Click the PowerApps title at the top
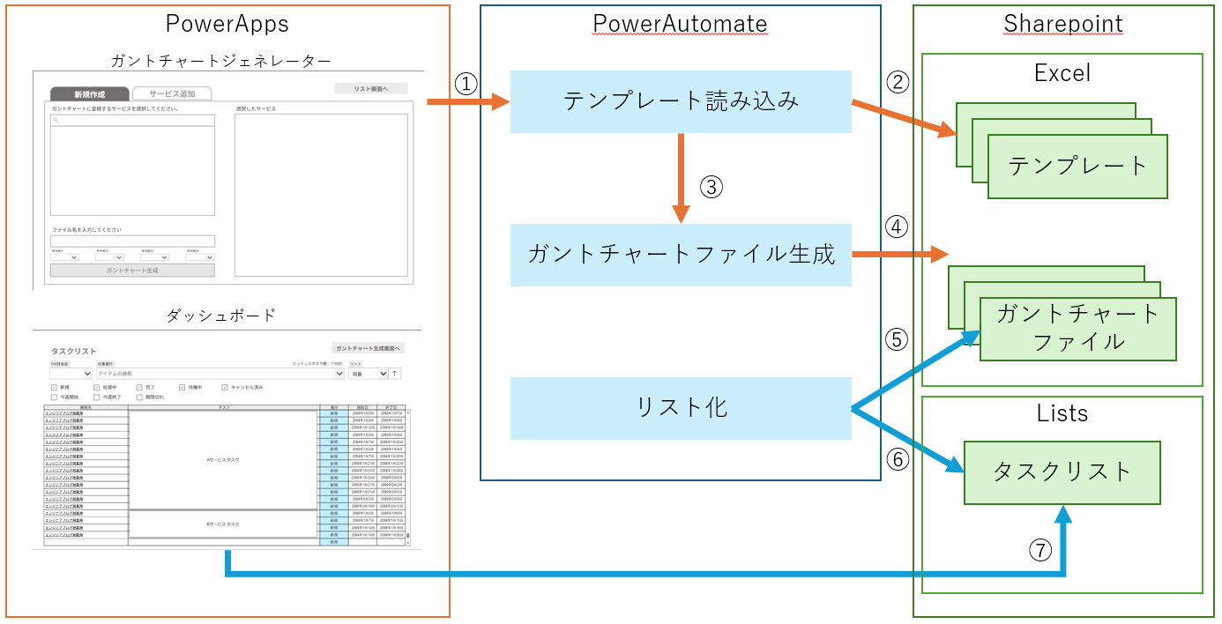(x=227, y=23)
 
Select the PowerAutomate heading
(x=680, y=23)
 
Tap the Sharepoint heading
(x=1063, y=23)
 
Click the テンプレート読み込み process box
(x=681, y=101)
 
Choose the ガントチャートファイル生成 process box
(x=681, y=255)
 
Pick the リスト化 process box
(x=681, y=408)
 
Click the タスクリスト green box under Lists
(x=1062, y=472)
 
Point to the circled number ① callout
(x=466, y=83)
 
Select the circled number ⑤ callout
(x=896, y=339)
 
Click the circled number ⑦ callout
(x=1040, y=550)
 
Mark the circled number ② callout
(x=896, y=83)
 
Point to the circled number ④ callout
(x=896, y=227)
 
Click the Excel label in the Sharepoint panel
(x=1062, y=72)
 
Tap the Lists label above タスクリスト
(x=1062, y=413)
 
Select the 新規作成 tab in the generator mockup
(x=89, y=93)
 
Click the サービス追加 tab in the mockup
(x=172, y=93)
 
